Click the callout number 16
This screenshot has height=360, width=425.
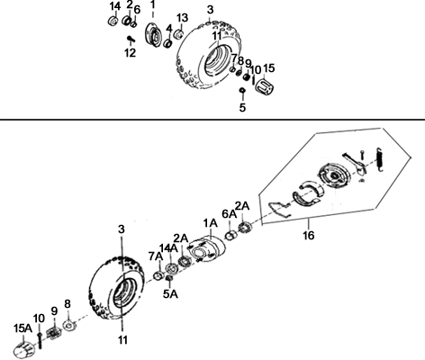[309, 235]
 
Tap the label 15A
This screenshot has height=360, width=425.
[23, 328]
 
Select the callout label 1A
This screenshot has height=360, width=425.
[210, 223]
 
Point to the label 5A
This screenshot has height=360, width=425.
[170, 294]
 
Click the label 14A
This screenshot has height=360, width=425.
[168, 248]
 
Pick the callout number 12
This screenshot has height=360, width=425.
[131, 53]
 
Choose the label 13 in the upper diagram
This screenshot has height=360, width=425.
[182, 18]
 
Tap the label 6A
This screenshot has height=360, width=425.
[230, 214]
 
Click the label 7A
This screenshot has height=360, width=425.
[156, 256]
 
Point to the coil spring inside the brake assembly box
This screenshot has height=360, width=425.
[380, 160]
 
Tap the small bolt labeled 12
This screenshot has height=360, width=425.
[131, 39]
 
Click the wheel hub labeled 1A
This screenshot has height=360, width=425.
[207, 249]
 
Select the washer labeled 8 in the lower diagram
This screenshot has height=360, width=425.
[69, 325]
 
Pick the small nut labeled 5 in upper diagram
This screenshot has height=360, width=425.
[242, 90]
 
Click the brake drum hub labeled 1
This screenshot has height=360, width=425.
[154, 34]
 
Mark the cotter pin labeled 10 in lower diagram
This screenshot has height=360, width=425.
[40, 340]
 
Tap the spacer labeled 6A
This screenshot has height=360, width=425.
[231, 235]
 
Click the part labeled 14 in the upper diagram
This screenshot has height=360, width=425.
[113, 21]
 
